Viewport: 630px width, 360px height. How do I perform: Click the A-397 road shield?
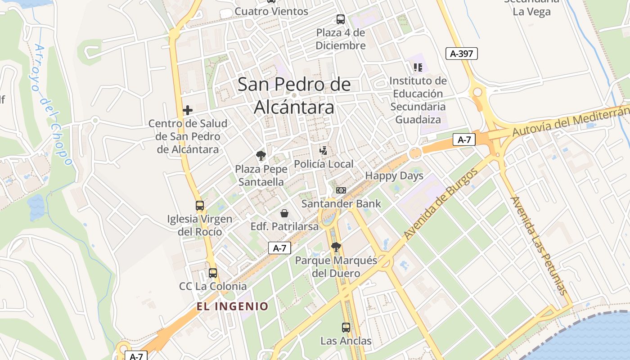tap(461, 54)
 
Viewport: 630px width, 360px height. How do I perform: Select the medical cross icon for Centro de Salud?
tap(188, 110)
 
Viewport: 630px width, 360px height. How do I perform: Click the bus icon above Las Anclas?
tap(346, 328)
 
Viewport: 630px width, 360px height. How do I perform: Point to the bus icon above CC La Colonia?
tap(213, 273)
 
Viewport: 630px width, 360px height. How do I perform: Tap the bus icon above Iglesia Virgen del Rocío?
tap(200, 206)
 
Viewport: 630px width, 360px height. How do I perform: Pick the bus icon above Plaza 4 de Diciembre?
tap(341, 19)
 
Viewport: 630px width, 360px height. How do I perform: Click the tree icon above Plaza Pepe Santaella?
tap(261, 156)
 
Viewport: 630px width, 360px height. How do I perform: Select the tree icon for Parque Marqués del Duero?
tap(336, 247)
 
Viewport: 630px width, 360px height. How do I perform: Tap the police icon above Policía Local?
tap(323, 150)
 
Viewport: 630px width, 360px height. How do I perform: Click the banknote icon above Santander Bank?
tap(341, 190)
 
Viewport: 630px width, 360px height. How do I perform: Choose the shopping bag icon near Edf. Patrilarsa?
tap(284, 213)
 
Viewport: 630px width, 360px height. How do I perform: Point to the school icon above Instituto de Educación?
tap(418, 67)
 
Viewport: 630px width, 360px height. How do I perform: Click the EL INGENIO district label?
tap(232, 306)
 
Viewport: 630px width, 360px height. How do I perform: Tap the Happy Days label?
tap(394, 175)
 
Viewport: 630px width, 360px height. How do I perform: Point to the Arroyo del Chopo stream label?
tap(53, 104)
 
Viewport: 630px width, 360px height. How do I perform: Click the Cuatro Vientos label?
tap(271, 11)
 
